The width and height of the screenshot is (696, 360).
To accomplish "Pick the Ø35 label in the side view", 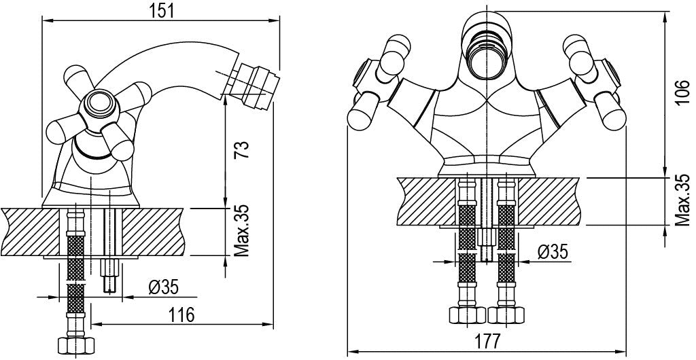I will click(163, 287).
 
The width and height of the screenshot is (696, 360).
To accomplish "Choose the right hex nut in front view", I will click(506, 316).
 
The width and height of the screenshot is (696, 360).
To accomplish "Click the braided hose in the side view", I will click(75, 272).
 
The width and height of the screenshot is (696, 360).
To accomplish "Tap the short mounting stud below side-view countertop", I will click(109, 275).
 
